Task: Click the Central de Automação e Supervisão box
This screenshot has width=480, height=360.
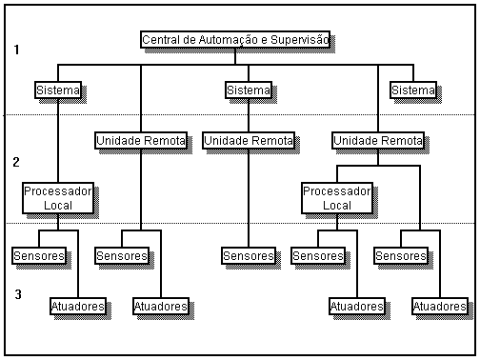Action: point(235,40)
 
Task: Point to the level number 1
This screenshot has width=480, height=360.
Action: point(16,50)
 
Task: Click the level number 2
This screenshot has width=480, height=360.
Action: point(16,162)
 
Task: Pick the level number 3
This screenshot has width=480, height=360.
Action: point(18,294)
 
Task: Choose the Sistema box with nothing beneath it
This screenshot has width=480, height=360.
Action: point(413,90)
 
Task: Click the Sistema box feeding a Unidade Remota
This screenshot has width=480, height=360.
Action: point(249,90)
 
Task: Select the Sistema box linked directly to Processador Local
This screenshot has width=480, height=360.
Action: point(58,90)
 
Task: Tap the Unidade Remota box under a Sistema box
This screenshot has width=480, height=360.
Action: point(249,141)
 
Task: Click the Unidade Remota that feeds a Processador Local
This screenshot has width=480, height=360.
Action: point(378,141)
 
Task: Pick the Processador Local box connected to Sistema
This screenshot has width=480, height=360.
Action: point(58,198)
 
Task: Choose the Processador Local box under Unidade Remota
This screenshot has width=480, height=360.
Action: point(337,198)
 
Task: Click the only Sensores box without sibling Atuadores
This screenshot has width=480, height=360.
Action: point(249,256)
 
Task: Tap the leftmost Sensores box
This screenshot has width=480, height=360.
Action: point(39,256)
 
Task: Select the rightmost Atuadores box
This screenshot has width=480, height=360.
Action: point(440,307)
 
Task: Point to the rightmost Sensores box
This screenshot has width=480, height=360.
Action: point(401,256)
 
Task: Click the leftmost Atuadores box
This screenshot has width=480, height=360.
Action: point(78,307)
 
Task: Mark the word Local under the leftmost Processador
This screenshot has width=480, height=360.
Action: point(58,206)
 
